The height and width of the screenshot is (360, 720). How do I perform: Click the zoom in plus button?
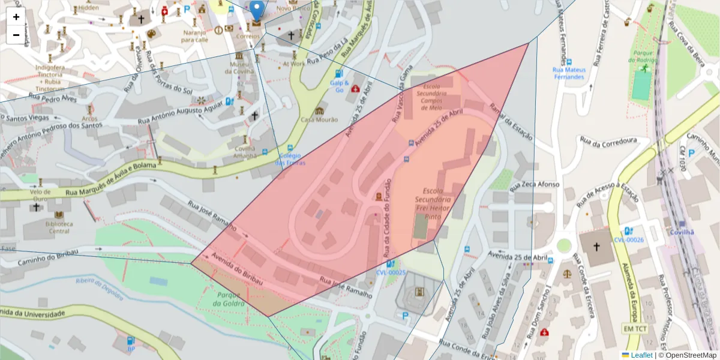[x=16, y=17]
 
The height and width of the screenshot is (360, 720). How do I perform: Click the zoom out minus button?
[x=16, y=35]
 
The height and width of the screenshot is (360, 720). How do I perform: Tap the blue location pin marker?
[x=257, y=11]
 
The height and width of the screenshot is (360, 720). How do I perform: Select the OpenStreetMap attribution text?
[x=691, y=355]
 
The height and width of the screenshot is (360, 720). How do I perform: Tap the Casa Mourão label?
[x=320, y=119]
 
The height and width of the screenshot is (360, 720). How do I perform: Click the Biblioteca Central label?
[x=59, y=227]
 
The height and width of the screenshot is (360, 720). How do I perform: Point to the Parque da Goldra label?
[x=230, y=299]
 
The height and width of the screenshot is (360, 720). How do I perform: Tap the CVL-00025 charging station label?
[x=391, y=272]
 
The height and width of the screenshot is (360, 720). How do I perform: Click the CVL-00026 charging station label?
[x=628, y=240]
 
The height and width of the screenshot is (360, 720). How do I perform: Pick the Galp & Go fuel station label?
[x=339, y=86]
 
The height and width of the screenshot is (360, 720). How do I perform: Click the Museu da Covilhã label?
[x=239, y=68]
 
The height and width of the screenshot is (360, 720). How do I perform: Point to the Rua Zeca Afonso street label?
[x=536, y=184]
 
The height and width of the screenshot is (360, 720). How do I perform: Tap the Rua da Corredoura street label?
[x=608, y=140]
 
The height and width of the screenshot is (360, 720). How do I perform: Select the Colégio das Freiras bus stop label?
[x=290, y=159]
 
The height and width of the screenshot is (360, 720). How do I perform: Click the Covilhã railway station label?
[x=682, y=232]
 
